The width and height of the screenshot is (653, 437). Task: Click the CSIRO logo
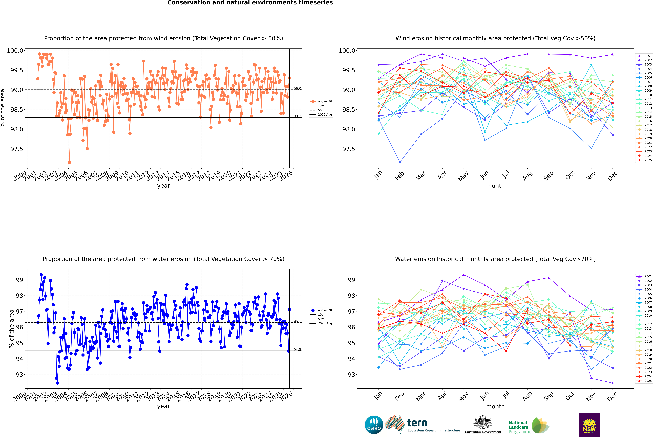(374, 425)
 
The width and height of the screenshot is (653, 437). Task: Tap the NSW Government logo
(589, 425)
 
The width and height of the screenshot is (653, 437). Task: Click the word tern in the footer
(417, 423)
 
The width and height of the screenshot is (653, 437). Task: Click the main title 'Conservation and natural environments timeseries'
(250, 3)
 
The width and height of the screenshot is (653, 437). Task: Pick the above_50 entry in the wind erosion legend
(325, 101)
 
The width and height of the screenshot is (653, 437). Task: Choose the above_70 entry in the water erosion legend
(325, 310)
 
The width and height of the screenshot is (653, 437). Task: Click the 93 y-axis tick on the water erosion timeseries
(19, 375)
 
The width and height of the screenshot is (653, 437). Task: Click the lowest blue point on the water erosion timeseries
(57, 383)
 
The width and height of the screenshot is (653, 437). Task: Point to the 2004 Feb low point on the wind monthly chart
(400, 162)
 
